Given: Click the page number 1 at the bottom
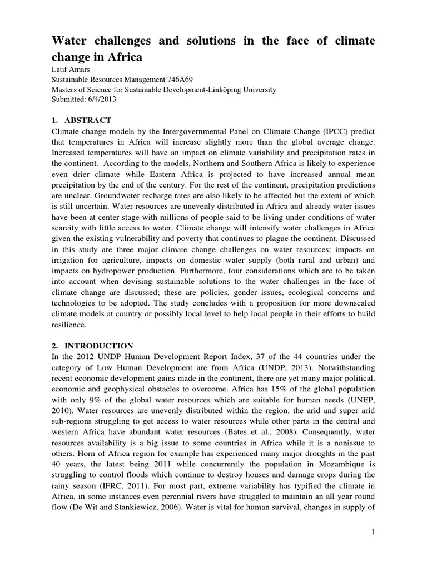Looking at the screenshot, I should (x=374, y=533).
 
